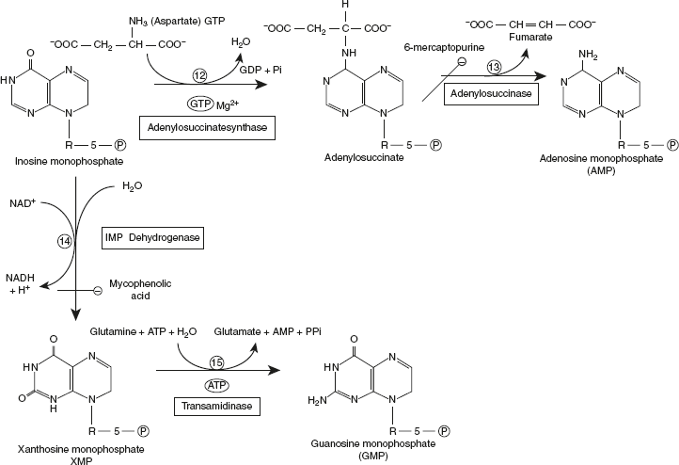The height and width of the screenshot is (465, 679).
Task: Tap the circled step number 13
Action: (496, 66)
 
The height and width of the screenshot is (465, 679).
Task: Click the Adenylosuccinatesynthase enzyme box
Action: (206, 127)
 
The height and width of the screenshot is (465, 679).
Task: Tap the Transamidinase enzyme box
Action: (204, 408)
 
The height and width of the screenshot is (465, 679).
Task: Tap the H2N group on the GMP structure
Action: (319, 400)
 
